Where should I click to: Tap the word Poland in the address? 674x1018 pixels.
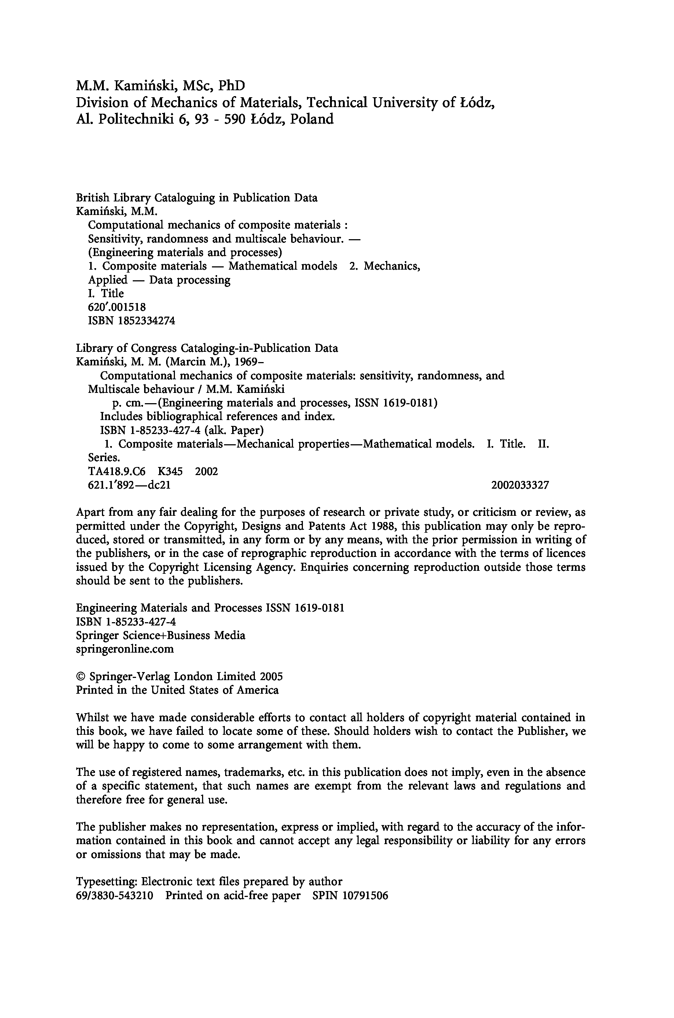pos(312,119)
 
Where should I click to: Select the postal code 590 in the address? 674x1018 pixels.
pos(230,119)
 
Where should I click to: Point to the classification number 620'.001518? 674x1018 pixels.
pos(117,307)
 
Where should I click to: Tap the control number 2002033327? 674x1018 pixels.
pos(520,485)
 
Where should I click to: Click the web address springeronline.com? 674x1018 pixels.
pos(125,649)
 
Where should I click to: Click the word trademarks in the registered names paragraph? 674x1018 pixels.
pos(253,773)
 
